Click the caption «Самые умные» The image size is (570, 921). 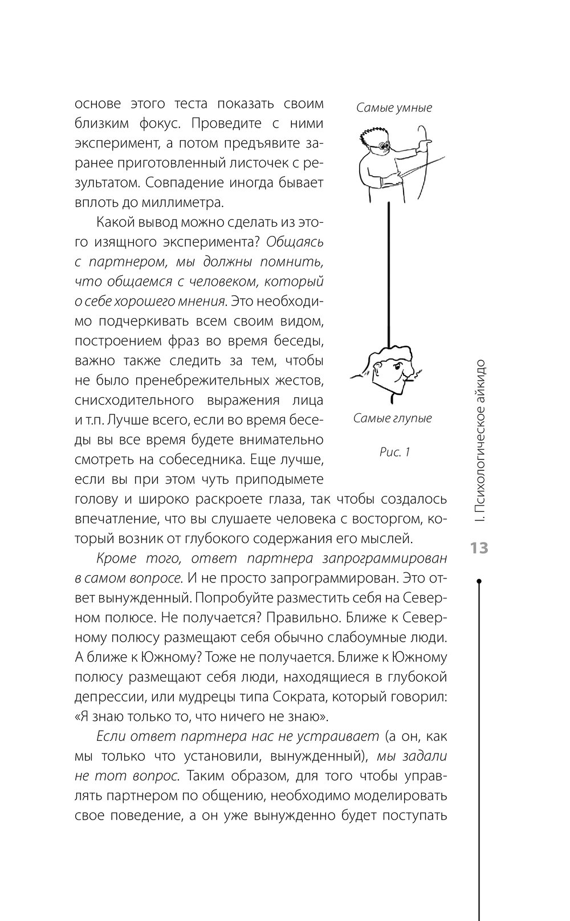pyautogui.click(x=394, y=108)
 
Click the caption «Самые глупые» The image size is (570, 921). pyautogui.click(x=392, y=418)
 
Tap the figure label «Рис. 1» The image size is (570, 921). pyautogui.click(x=394, y=453)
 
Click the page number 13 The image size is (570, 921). pyautogui.click(x=479, y=548)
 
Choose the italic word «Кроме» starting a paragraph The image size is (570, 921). pyautogui.click(x=113, y=558)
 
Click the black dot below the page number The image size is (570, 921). pyautogui.click(x=479, y=581)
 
